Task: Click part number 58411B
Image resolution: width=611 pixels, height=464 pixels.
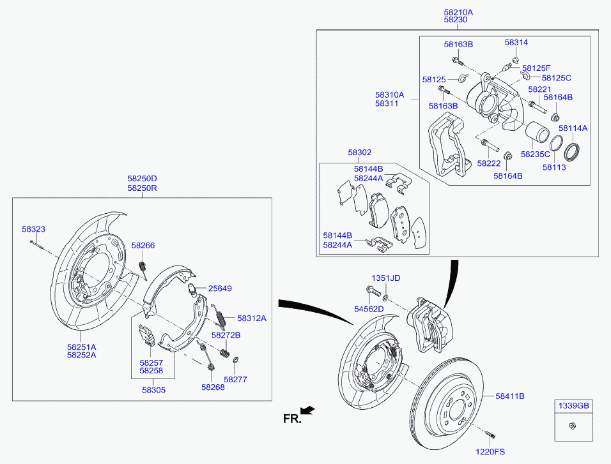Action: click(x=509, y=396)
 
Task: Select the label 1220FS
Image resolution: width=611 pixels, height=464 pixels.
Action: click(x=491, y=452)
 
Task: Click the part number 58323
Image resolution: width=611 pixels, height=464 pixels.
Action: click(x=33, y=228)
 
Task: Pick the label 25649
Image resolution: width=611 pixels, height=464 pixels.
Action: click(x=220, y=288)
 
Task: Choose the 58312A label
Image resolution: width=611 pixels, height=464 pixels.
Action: click(x=251, y=318)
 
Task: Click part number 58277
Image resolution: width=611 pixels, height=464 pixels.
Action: click(x=235, y=379)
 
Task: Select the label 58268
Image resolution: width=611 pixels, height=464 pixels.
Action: click(x=213, y=387)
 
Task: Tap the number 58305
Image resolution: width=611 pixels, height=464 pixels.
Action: click(x=153, y=389)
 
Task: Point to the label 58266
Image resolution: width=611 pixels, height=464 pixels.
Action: click(x=143, y=245)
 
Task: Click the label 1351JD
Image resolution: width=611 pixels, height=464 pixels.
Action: click(x=386, y=278)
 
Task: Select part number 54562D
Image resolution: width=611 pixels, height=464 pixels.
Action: click(x=369, y=309)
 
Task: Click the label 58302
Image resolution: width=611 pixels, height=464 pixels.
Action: click(x=359, y=153)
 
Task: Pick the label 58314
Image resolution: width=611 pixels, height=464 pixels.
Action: click(x=516, y=42)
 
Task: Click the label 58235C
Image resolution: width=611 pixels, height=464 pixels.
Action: click(x=535, y=154)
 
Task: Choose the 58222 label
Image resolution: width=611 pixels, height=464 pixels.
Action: click(x=488, y=163)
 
